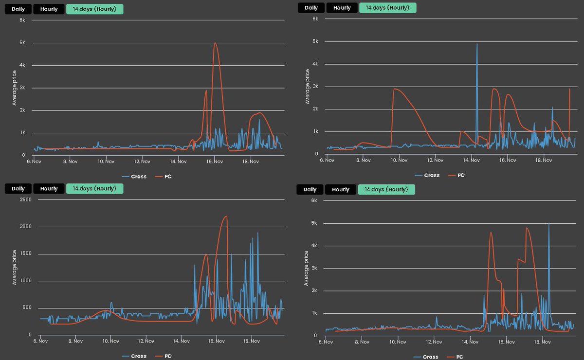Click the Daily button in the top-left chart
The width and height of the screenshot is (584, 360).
[x=18, y=9]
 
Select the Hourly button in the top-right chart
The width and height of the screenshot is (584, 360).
[x=342, y=8]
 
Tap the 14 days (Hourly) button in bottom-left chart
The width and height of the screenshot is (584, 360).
[x=94, y=189]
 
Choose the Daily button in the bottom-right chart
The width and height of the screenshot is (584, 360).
[x=310, y=189]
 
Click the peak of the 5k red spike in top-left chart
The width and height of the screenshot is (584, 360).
[x=215, y=43]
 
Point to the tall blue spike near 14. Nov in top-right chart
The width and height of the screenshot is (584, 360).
[x=477, y=44]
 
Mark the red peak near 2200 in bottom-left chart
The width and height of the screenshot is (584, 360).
[x=226, y=216]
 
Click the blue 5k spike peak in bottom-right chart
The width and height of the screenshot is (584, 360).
[x=549, y=224]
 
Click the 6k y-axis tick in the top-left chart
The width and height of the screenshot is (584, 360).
[x=22, y=20]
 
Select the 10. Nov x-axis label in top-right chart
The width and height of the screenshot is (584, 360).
[x=399, y=160]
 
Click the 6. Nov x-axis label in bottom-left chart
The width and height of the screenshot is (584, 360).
[x=40, y=341]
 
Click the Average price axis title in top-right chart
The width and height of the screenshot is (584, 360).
[x=308, y=87]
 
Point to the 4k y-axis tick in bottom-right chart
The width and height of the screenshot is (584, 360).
[x=314, y=246]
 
